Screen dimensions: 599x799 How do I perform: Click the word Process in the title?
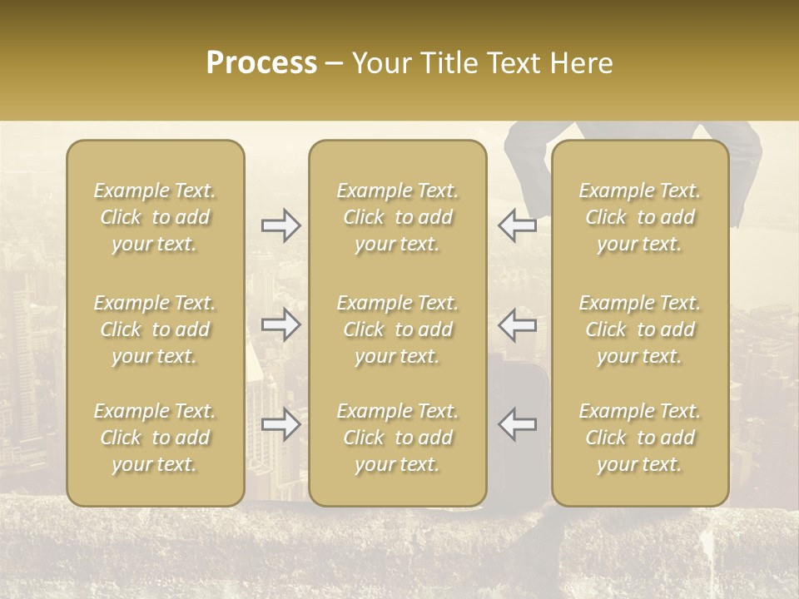pos(261,63)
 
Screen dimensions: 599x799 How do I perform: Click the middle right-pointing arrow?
pos(281,324)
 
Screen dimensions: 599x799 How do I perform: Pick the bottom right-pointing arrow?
pos(281,424)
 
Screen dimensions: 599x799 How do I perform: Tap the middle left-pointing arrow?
pos(518,324)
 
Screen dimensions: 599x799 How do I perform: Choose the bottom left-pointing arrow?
pos(518,424)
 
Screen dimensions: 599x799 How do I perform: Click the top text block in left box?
pos(155,217)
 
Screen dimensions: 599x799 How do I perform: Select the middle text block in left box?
pos(155,329)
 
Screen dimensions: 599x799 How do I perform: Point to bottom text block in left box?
pos(155,438)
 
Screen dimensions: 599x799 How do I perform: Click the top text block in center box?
pos(397,217)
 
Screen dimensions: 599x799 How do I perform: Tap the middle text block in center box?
pos(397,329)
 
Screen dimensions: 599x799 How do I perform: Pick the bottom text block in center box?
pos(397,438)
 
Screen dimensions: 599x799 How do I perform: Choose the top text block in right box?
pos(640,217)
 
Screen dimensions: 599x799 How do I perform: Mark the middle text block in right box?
pos(640,329)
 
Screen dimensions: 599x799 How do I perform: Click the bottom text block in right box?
pos(640,438)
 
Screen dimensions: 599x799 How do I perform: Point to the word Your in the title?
pos(380,63)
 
